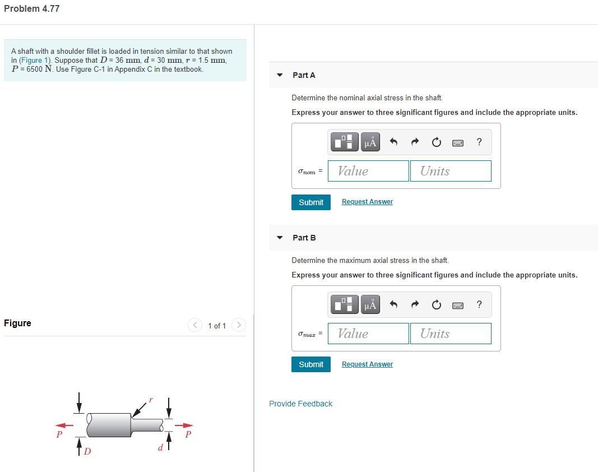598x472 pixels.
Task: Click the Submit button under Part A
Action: (311, 202)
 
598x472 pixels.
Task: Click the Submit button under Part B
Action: (311, 364)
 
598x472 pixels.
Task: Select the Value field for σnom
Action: (368, 171)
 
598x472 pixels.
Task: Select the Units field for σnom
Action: (451, 171)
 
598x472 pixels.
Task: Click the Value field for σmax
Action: (368, 334)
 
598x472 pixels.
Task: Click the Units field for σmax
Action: (451, 334)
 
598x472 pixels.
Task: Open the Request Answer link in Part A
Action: (367, 202)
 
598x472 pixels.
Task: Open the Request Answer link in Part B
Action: (367, 364)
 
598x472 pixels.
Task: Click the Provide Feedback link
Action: (300, 404)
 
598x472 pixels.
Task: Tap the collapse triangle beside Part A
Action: (280, 75)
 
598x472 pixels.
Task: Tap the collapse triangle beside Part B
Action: (280, 238)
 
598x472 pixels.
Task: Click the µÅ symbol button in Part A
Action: (370, 142)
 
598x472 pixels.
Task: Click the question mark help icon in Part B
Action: (479, 304)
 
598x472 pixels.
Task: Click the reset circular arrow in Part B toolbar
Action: (436, 305)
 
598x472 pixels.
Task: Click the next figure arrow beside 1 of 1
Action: (239, 325)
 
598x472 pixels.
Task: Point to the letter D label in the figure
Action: (87, 451)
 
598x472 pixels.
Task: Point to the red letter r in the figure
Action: (150, 401)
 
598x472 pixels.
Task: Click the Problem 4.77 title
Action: (32, 9)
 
